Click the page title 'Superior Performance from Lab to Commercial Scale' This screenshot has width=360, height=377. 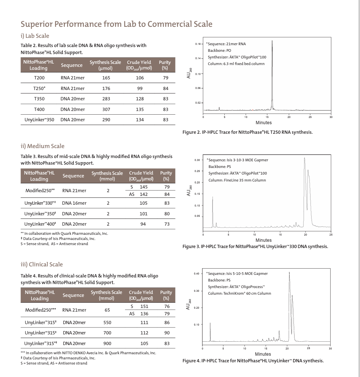pos(116,24)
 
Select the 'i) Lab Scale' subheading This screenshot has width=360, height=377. pos(35,36)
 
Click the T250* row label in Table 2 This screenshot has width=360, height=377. pos(39,89)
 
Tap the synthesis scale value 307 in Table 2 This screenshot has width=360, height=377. pos(106,109)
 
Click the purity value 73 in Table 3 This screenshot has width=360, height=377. pos(167,224)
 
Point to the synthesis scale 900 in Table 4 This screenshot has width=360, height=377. pos(107,344)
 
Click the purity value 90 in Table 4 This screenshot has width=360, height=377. pos(167,333)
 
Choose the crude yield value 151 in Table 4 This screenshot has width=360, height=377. pos(144,306)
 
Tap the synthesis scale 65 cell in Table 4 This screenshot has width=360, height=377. pos(107,310)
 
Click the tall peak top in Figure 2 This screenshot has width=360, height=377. pos(272,41)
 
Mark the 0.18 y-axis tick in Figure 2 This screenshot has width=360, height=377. pos(198,44)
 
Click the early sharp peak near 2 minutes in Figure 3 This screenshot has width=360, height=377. pos(213,198)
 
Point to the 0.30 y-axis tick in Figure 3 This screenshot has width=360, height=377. pos(197,160)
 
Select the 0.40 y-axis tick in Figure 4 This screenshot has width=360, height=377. pos(197,274)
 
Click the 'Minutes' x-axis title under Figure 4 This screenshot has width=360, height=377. pos(263,354)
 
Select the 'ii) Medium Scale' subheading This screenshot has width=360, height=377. pos(42,146)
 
